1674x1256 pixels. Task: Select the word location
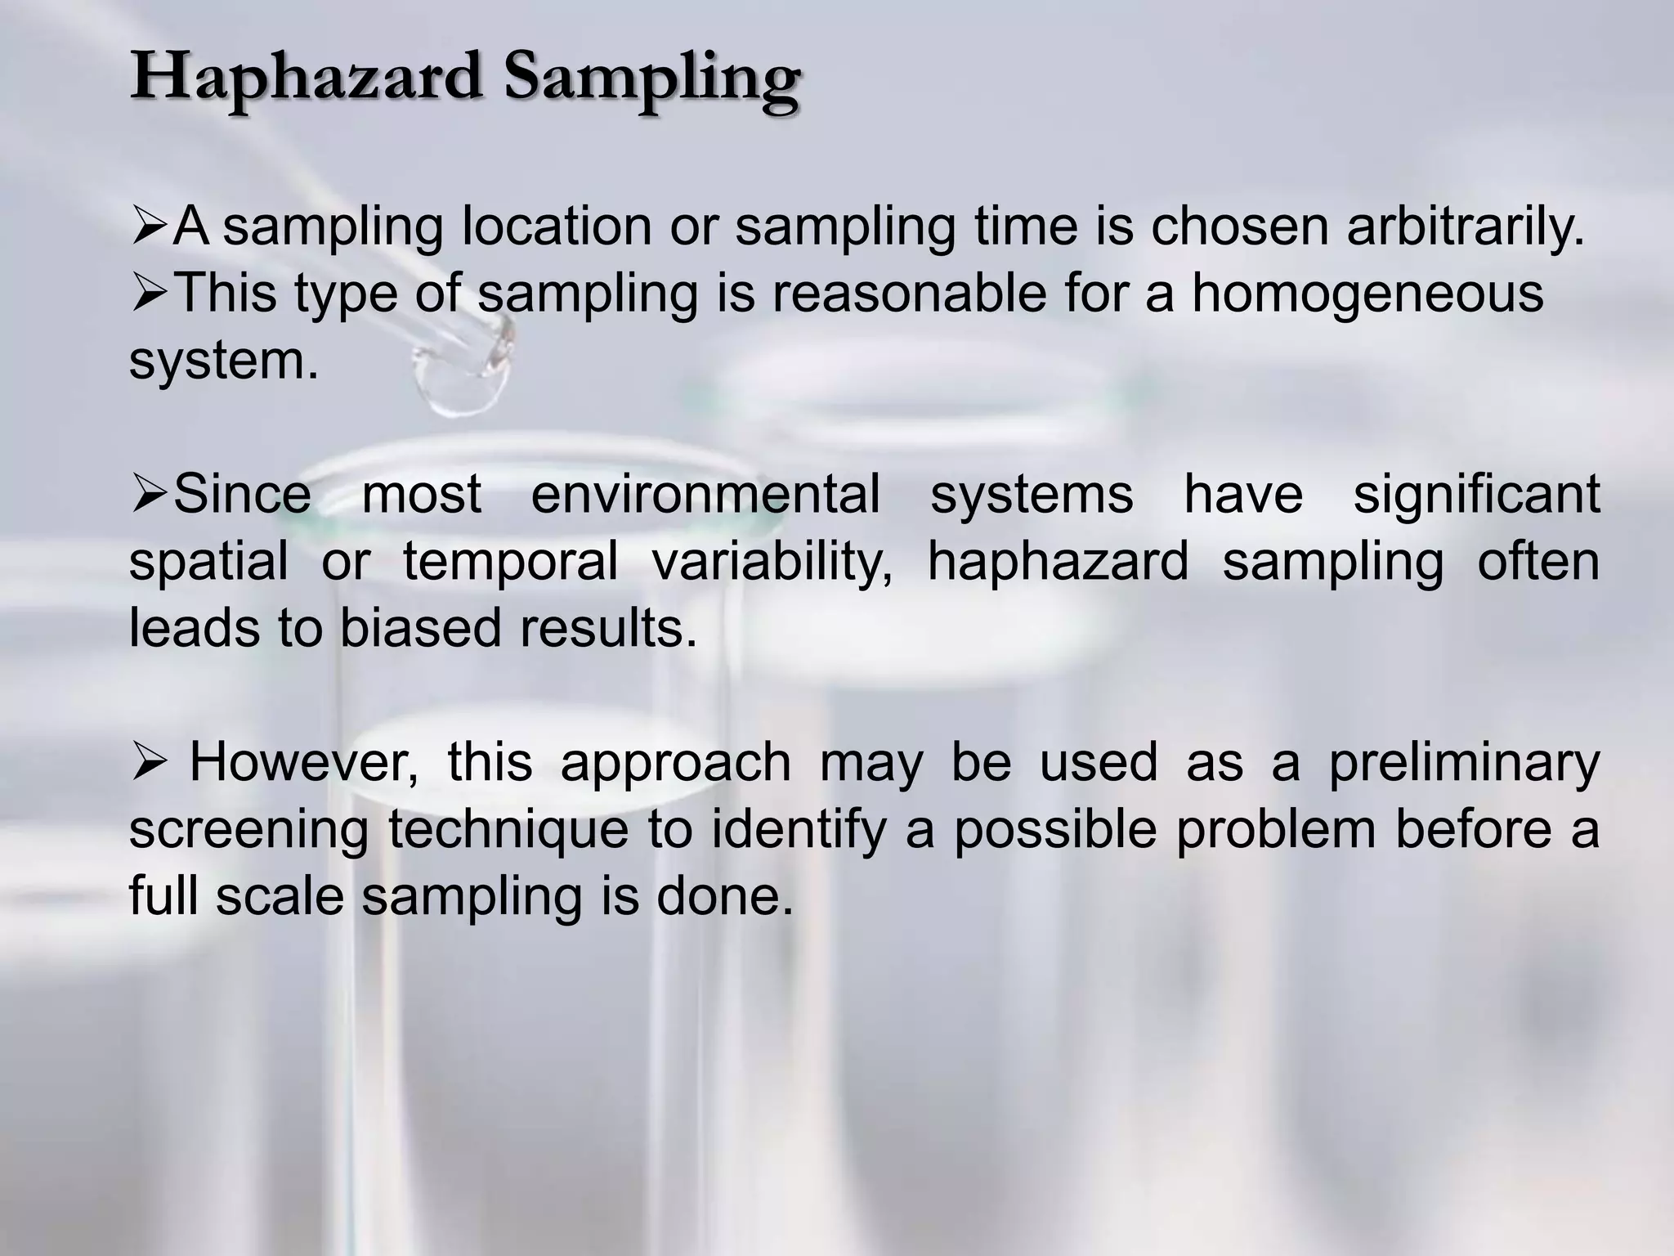coord(557,227)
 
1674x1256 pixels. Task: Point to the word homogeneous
coord(1367,294)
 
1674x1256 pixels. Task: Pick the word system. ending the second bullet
coord(223,361)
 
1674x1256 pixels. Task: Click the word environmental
coord(705,494)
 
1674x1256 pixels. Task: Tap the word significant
coord(1476,496)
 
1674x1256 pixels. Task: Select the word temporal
coord(510,563)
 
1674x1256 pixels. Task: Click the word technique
coord(508,831)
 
